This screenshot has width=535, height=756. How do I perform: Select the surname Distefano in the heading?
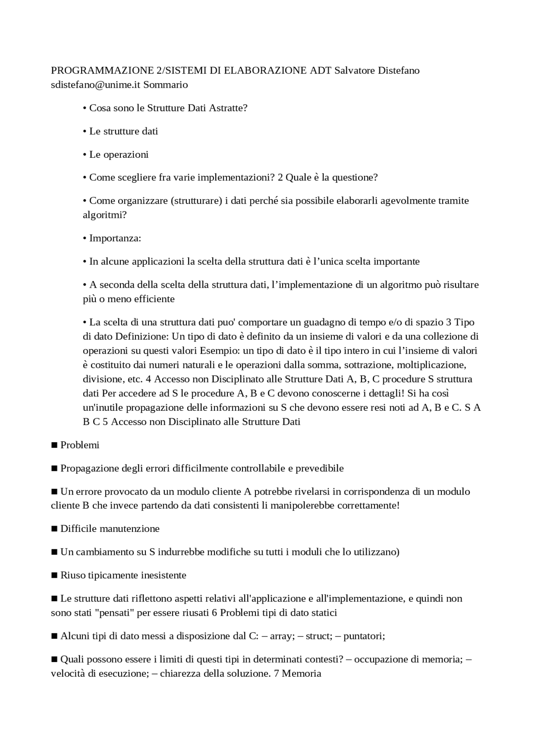click(x=398, y=70)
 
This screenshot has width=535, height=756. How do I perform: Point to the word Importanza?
click(x=115, y=238)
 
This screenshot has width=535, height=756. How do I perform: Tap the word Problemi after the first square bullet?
click(x=80, y=445)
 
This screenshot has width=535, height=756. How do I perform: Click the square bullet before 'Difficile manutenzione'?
click(x=54, y=529)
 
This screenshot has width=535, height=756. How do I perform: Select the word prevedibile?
click(x=319, y=468)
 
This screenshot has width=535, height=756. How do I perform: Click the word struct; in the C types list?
click(x=319, y=636)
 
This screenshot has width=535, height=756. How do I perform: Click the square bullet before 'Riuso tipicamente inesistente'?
click(x=54, y=575)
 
